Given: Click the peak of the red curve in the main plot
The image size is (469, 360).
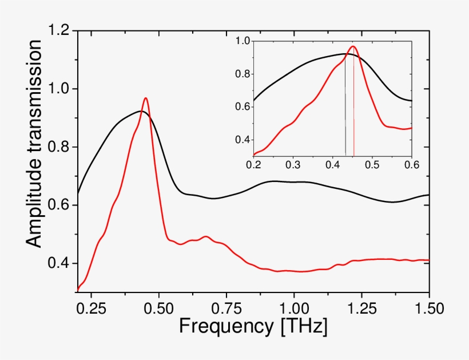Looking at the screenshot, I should point(146,98).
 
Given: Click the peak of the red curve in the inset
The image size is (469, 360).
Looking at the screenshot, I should point(353,46).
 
